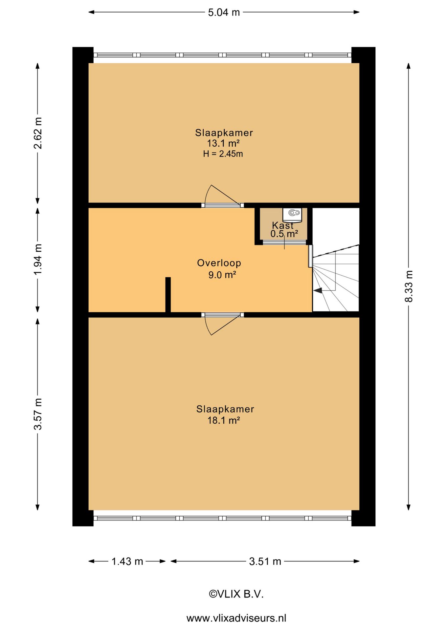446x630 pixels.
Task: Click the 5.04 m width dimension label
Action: [x=224, y=12]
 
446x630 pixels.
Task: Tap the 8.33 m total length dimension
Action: [x=409, y=286]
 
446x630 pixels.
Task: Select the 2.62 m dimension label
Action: [x=38, y=133]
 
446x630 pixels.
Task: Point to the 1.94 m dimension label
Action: [x=38, y=260]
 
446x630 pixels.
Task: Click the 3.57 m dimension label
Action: [x=38, y=414]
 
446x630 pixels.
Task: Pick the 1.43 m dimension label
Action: [x=127, y=561]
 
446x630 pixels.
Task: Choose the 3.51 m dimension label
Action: [x=265, y=561]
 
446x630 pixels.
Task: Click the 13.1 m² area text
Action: [x=223, y=143]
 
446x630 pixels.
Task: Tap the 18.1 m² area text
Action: [x=224, y=420]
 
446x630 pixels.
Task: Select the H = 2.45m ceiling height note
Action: [x=223, y=154]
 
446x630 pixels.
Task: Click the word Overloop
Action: [x=219, y=263]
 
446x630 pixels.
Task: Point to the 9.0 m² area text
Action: [x=222, y=275]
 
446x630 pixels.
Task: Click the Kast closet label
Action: [x=283, y=225]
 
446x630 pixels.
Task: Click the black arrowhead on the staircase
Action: [x=318, y=290]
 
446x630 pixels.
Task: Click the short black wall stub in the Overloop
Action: [x=168, y=295]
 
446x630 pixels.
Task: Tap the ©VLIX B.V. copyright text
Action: [x=236, y=594]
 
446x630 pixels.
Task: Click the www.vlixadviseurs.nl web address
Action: [x=236, y=618]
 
